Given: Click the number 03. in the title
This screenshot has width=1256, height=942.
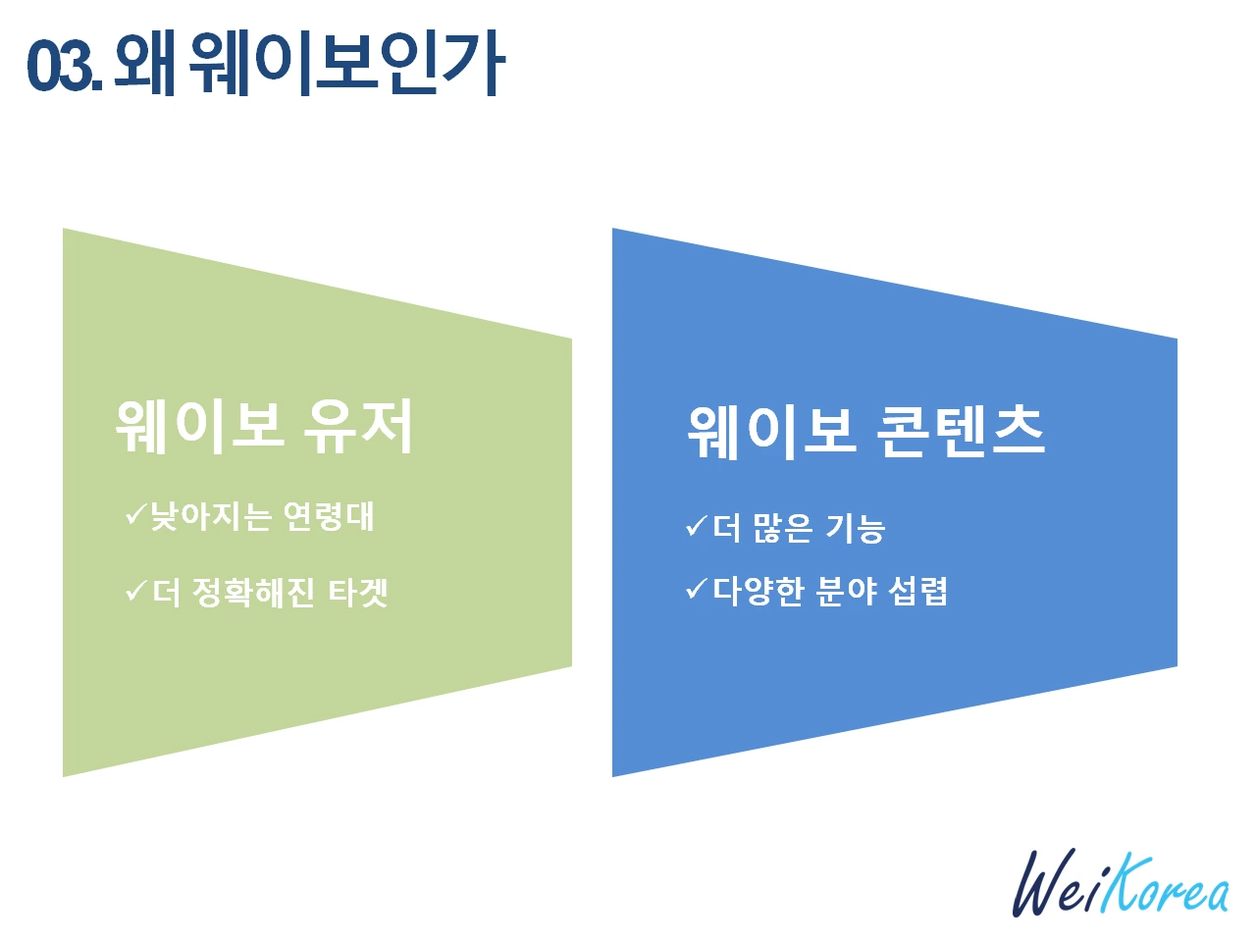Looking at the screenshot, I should (64, 66).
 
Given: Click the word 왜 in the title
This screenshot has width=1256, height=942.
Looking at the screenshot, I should (145, 63).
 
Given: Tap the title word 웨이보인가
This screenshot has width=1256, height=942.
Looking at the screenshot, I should (346, 63).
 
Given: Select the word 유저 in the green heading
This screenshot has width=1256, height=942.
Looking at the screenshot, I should (358, 427).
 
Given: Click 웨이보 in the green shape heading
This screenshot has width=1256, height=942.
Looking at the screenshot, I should (200, 427).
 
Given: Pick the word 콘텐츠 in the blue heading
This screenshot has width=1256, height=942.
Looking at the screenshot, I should (960, 431).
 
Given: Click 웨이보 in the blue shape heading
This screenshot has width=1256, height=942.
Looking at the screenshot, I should (771, 431).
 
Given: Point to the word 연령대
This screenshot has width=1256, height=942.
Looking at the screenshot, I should (328, 516).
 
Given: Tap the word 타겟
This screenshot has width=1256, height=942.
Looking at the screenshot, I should (358, 593).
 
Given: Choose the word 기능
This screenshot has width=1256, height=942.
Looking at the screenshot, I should (855, 528).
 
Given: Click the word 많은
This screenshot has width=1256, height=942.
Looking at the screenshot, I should (782, 528).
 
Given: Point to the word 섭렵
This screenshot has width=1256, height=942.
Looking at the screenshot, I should (917, 591).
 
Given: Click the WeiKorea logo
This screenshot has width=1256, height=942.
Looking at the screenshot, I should (1120, 884).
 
